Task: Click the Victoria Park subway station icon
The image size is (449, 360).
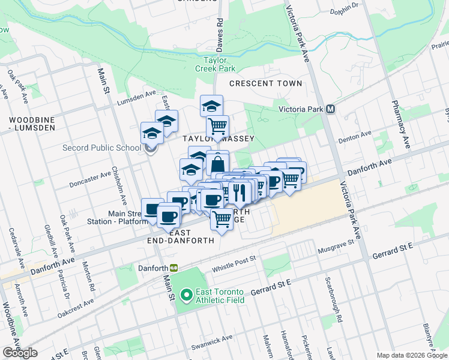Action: click(330, 110)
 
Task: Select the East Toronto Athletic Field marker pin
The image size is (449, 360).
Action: click(187, 295)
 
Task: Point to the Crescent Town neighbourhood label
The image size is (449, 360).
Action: click(265, 83)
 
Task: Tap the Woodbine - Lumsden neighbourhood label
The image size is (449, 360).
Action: click(32, 124)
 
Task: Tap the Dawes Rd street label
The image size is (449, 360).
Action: click(220, 29)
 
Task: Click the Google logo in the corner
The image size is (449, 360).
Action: click(20, 353)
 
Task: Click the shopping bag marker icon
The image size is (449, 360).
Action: click(217, 163)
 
